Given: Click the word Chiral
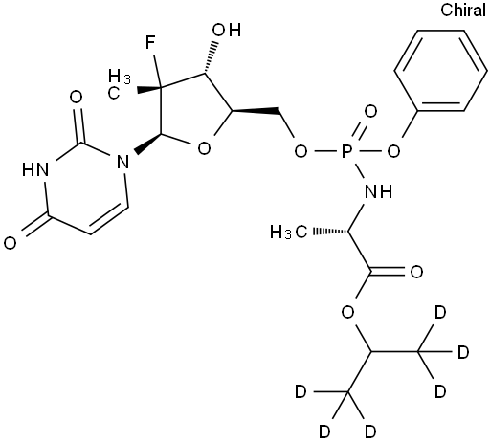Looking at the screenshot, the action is (x=463, y=11).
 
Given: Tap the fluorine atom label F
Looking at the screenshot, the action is (x=150, y=43).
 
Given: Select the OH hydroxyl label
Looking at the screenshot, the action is (x=227, y=30).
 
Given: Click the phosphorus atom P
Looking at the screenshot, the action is (x=346, y=151).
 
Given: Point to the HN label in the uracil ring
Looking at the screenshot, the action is (x=35, y=169).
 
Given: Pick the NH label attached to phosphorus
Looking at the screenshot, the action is (x=378, y=191).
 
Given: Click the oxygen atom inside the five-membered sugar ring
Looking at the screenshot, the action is (x=204, y=149).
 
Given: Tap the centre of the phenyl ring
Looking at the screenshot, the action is (x=441, y=71).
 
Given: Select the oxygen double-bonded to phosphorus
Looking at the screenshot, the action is (x=370, y=112).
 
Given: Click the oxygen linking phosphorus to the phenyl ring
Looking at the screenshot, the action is (x=393, y=151).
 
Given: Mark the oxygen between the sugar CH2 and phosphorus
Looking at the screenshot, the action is (x=301, y=151).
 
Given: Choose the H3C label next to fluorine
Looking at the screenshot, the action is (x=119, y=84).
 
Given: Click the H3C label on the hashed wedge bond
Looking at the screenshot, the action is (x=289, y=232).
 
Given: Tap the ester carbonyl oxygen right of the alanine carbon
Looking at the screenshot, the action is (x=416, y=272).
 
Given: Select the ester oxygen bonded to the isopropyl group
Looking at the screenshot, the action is (x=347, y=312).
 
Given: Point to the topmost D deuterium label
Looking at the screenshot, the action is (x=440, y=313).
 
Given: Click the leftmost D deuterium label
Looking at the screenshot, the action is (x=301, y=391).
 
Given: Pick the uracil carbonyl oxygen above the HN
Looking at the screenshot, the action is (x=76, y=97).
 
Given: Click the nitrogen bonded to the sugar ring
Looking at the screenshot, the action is (x=122, y=162).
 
